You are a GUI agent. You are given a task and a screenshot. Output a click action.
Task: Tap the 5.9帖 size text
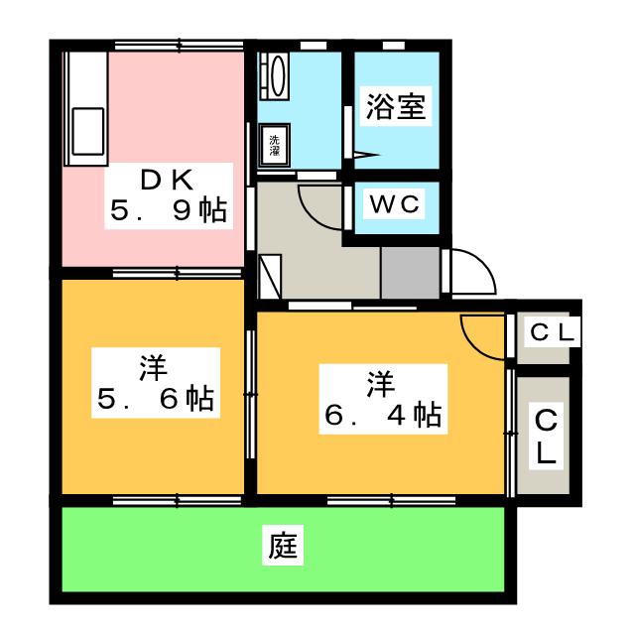coord(167,210)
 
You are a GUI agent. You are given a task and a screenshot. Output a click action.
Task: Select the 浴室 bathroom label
coord(396,108)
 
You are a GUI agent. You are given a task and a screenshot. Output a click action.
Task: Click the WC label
coord(397,204)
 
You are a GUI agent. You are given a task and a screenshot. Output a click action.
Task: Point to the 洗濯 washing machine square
coord(275,144)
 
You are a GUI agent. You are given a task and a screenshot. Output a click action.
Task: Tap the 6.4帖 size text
coord(382,416)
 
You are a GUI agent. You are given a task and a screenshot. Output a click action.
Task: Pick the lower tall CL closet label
coord(546,438)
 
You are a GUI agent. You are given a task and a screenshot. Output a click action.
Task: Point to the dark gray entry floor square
coord(410,271)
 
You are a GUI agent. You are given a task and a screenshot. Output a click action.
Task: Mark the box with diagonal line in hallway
coord(271,277)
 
